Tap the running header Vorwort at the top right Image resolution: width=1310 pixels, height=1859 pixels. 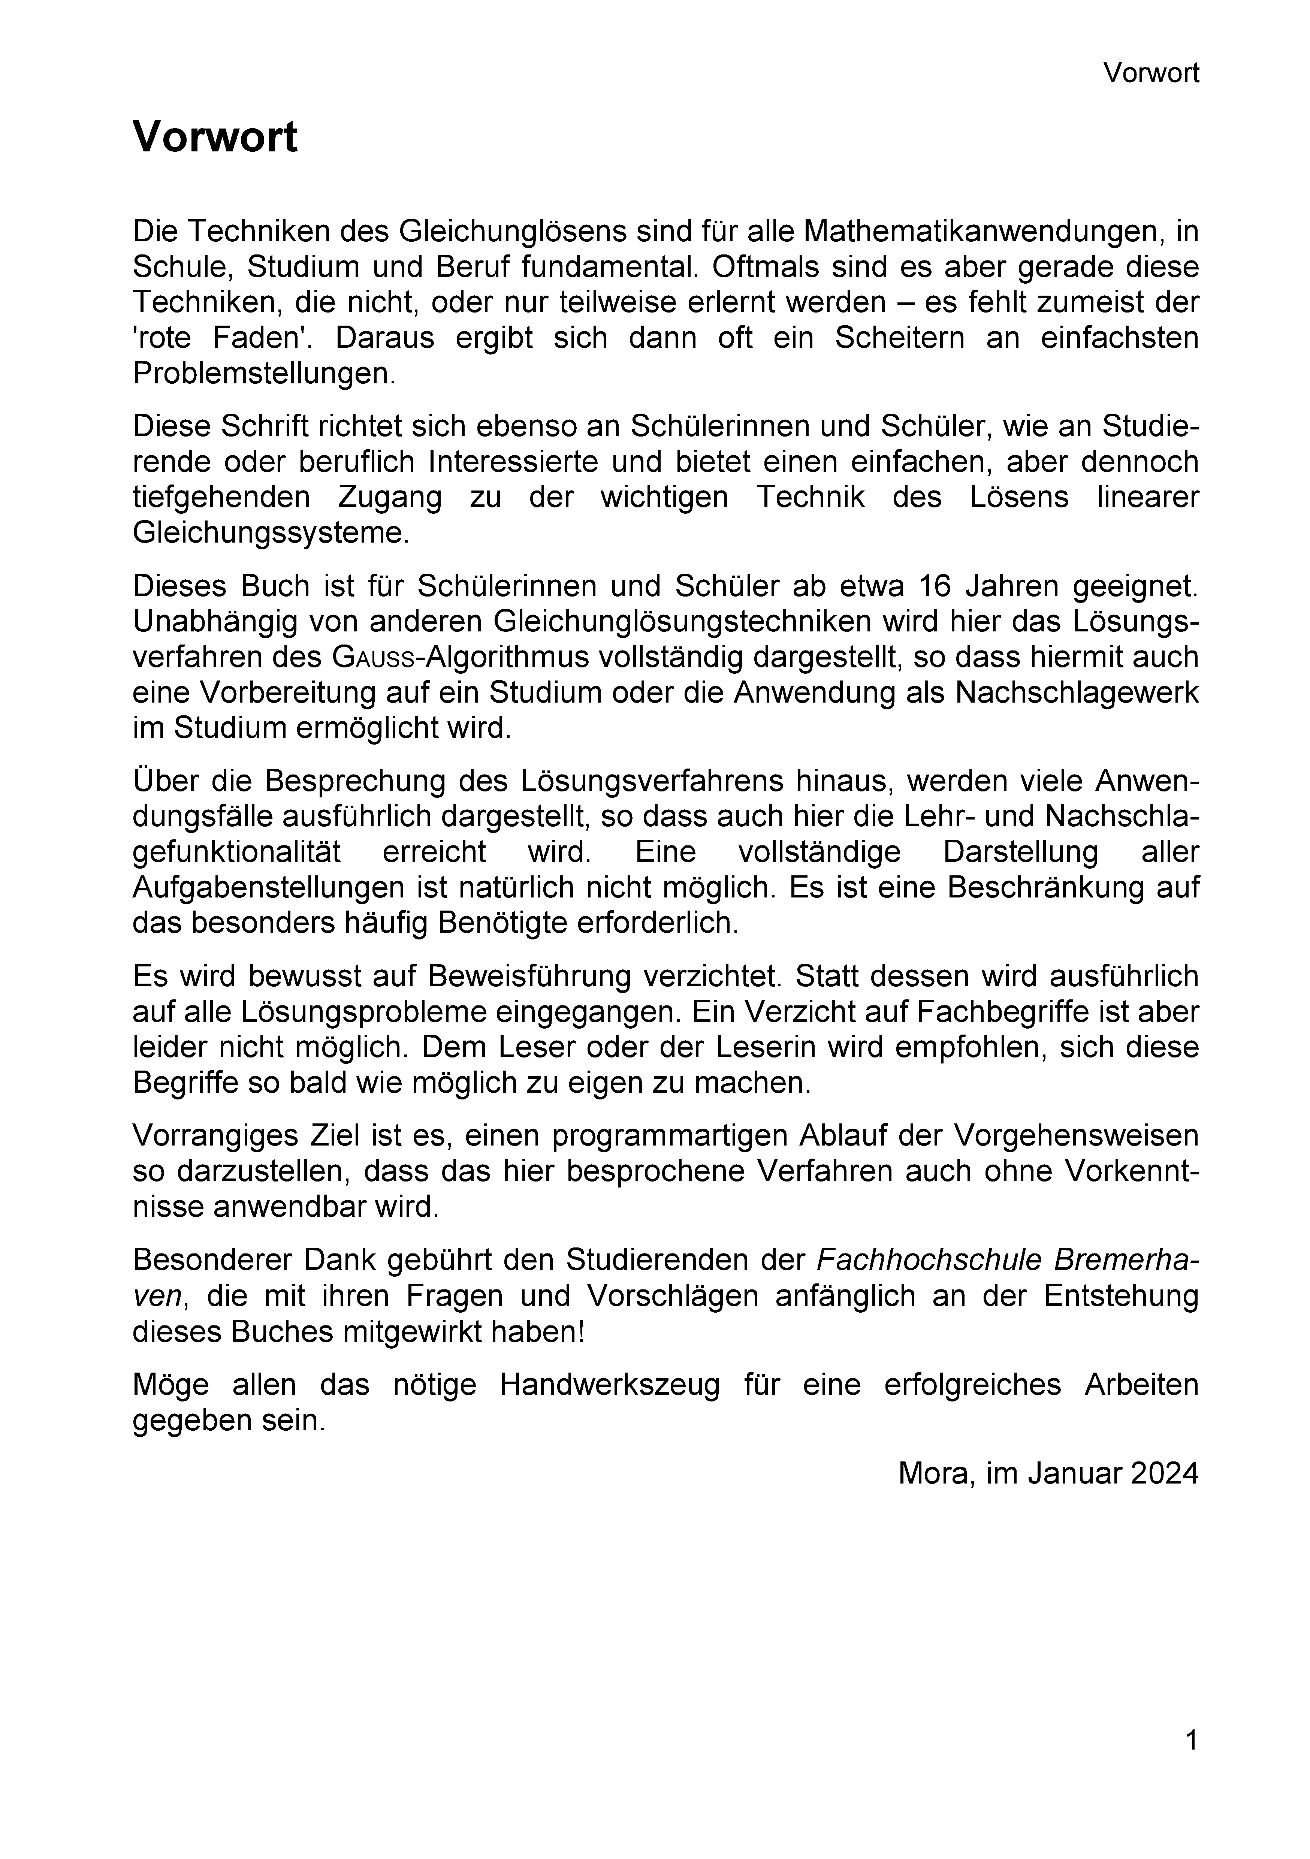1150,74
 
